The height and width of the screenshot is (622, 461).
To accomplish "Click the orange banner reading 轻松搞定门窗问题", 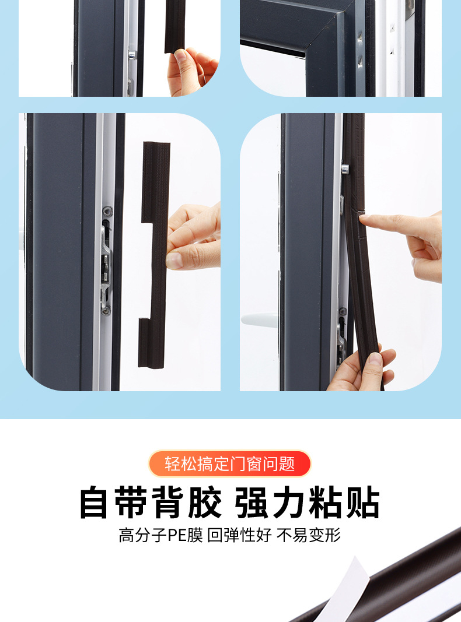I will pos(230,464).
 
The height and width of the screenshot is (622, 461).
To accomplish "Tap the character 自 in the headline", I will pos(97,502).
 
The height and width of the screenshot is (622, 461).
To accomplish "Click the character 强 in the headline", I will pos(253,502).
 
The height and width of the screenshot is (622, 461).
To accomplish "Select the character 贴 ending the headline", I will pos(362,502).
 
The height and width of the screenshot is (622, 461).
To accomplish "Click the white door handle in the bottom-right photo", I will pos(260,319).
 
